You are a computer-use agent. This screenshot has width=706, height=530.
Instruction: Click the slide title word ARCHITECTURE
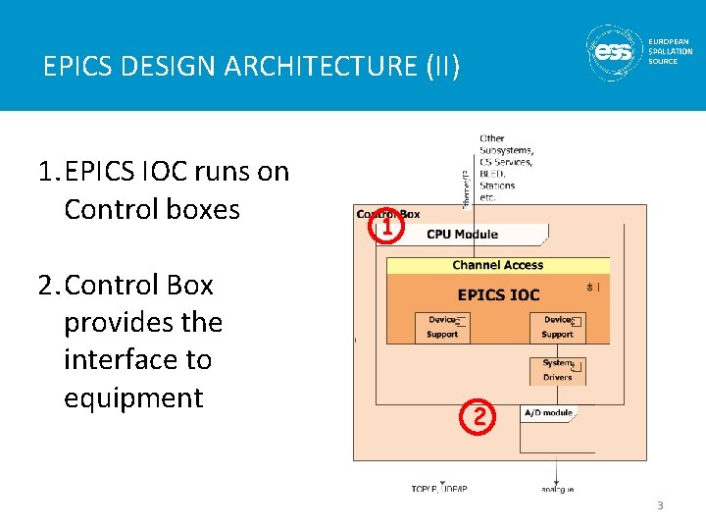(324, 67)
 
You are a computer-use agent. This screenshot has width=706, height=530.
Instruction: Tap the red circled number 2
(478, 417)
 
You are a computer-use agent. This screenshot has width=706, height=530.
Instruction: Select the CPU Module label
(462, 235)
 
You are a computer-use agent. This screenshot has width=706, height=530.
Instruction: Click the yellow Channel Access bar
(497, 265)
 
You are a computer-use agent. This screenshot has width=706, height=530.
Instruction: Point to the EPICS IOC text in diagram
(498, 294)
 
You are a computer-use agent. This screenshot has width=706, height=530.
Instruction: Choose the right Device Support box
(558, 327)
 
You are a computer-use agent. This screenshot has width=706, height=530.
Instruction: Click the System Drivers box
(558, 370)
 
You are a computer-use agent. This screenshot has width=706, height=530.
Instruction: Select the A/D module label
(547, 413)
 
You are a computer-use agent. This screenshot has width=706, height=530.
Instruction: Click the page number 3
(660, 505)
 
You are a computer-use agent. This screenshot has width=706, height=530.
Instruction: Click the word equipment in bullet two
(133, 397)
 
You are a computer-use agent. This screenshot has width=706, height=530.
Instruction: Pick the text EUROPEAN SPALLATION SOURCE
(670, 52)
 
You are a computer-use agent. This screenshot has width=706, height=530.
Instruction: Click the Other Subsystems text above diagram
(506, 168)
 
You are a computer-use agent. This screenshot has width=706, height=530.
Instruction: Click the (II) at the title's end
(440, 67)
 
